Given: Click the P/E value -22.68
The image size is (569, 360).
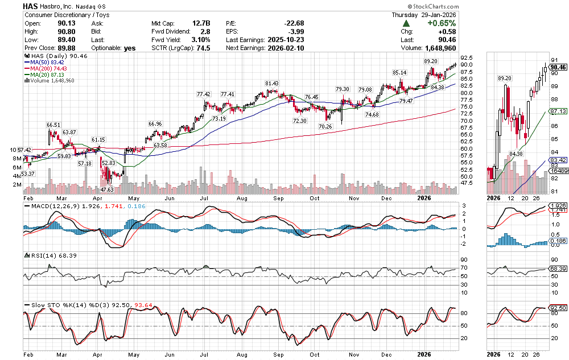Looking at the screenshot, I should click(x=294, y=23).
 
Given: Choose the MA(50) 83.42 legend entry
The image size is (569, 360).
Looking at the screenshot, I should click(x=47, y=62).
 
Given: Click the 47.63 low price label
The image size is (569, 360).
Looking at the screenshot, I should click(x=107, y=189).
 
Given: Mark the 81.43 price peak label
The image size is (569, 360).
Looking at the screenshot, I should click(x=271, y=83).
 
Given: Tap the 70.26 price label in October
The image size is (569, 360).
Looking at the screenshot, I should click(x=325, y=126).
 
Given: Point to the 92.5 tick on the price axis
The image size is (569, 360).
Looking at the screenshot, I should click(x=468, y=58).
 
